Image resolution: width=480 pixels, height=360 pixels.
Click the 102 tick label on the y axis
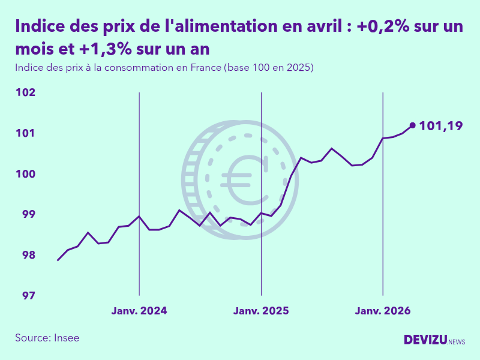pyautogui.click(x=25, y=92)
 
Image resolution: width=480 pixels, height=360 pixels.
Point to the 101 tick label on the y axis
pyautogui.click(x=25, y=133)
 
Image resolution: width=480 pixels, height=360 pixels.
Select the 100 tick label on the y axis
pyautogui.click(x=25, y=174)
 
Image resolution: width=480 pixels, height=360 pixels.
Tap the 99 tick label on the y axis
pyautogui.click(x=28, y=214)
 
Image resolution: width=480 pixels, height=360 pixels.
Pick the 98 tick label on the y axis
pyautogui.click(x=28, y=255)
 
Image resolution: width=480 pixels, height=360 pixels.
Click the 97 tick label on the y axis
pyautogui.click(x=28, y=296)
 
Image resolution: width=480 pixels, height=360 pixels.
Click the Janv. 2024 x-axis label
pyautogui.click(x=139, y=311)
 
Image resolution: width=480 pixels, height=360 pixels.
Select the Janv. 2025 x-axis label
pyautogui.click(x=261, y=311)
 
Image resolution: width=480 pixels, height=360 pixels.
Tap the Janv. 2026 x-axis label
pyautogui.click(x=383, y=311)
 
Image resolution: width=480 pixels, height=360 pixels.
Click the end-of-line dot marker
pyautogui.click(x=412, y=125)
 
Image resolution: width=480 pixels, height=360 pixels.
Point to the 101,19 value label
pyautogui.click(x=441, y=126)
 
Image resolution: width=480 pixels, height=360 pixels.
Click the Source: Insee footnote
pyautogui.click(x=47, y=338)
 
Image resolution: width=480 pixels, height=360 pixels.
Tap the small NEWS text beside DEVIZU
pyautogui.click(x=457, y=341)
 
